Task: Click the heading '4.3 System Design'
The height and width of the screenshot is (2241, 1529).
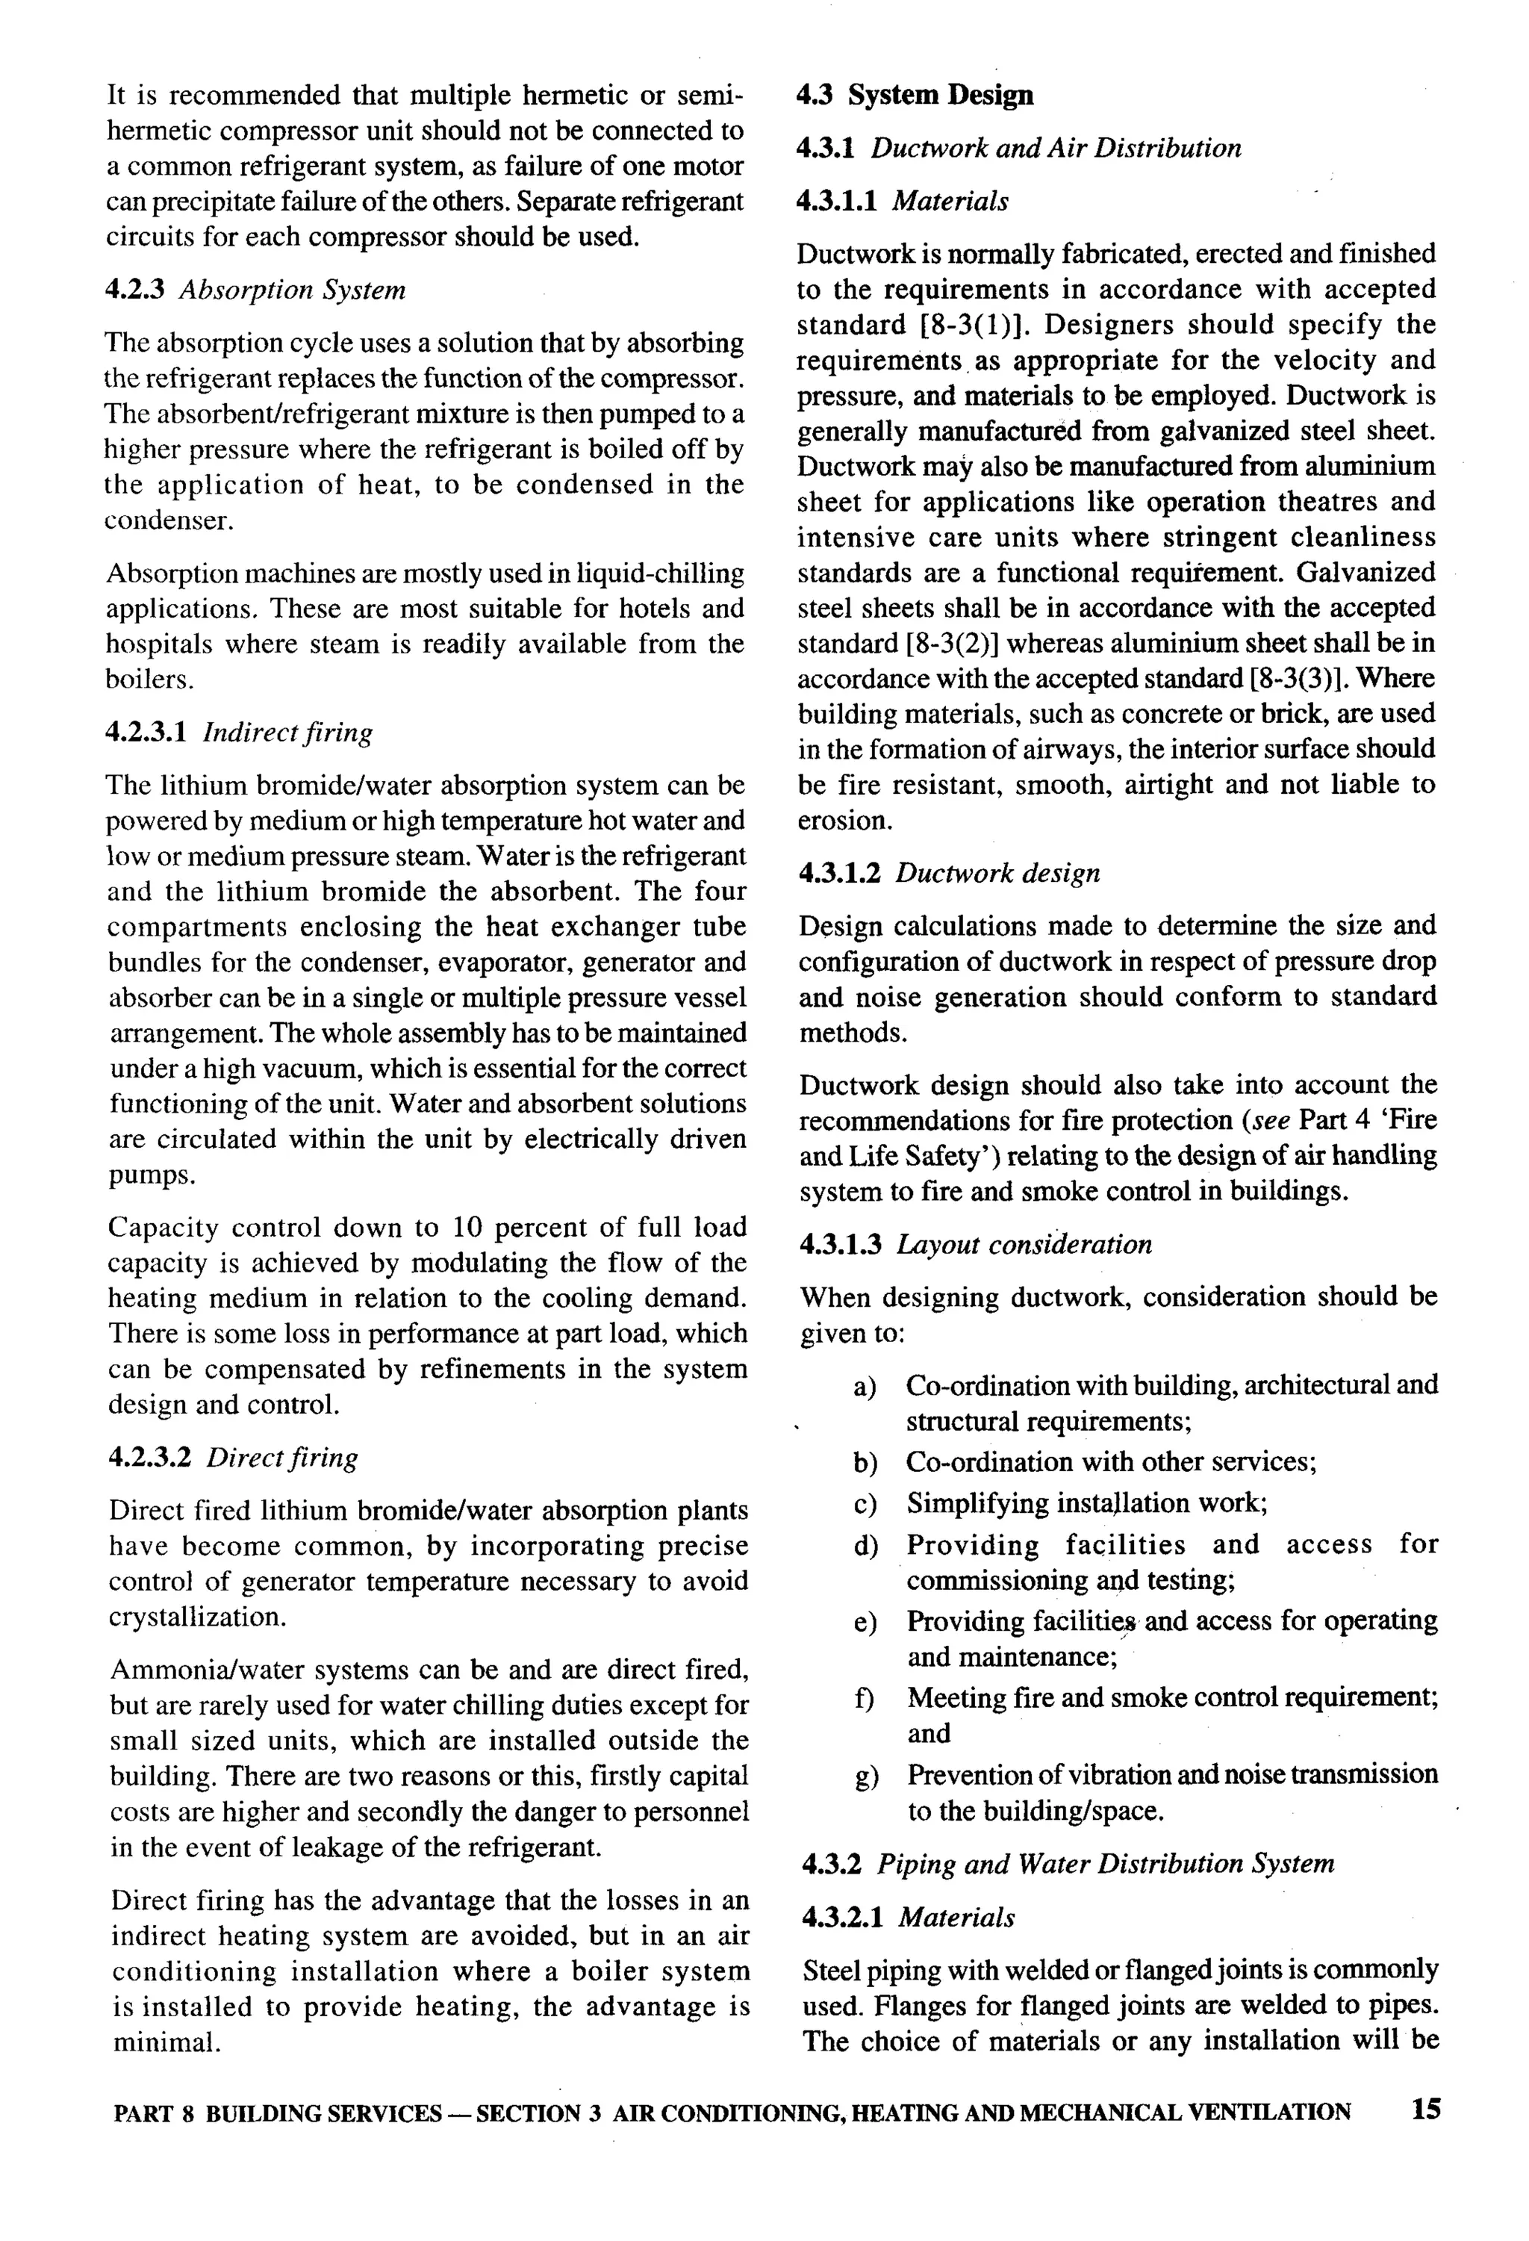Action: click(x=915, y=95)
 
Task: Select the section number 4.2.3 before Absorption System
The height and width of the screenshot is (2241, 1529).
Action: click(x=137, y=290)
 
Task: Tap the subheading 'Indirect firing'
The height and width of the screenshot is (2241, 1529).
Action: click(x=287, y=732)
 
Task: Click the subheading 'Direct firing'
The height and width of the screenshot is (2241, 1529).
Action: click(x=281, y=1457)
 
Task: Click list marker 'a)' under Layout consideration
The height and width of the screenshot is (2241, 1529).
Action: click(x=864, y=1387)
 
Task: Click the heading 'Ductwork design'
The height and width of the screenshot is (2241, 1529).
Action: click(x=997, y=874)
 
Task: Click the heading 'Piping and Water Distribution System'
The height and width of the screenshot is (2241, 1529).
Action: click(x=1105, y=1864)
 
